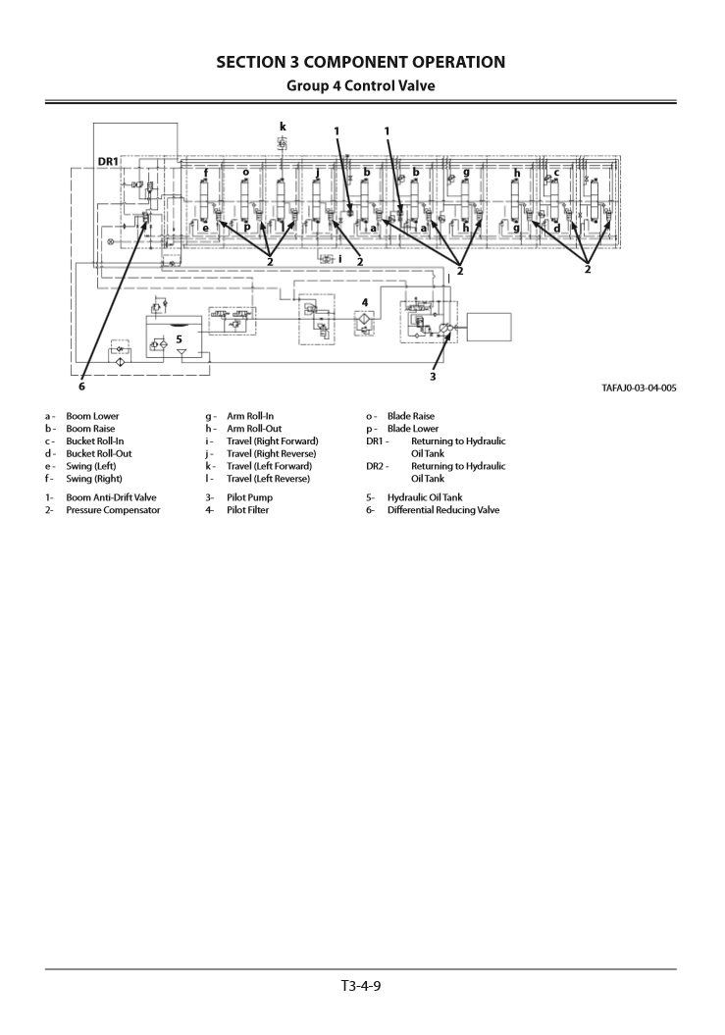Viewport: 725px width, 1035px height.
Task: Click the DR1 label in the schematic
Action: [108, 161]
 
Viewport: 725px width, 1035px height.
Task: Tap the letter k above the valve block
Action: [283, 127]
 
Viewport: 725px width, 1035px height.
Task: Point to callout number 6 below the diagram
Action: [81, 385]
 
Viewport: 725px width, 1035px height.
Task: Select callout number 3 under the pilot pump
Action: [433, 376]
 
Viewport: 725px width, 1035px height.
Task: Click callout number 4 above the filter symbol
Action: [365, 302]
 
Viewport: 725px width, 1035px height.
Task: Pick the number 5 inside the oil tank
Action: [179, 338]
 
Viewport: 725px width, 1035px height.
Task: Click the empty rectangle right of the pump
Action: [489, 327]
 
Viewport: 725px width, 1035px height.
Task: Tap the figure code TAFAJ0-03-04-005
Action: [639, 388]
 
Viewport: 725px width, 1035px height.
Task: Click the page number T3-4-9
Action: [361, 985]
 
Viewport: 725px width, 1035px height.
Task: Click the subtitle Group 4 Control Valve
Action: [360, 85]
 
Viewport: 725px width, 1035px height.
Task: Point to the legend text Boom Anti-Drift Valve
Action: [111, 497]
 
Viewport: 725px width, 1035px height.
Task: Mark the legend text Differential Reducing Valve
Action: [442, 510]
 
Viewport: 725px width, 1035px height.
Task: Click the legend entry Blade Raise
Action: [410, 416]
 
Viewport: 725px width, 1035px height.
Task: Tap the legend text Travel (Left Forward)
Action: [269, 466]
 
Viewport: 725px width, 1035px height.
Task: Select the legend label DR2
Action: [376, 466]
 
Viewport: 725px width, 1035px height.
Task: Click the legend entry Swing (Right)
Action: [94, 479]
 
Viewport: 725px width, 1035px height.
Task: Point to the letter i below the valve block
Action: [339, 260]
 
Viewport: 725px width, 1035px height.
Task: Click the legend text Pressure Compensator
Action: [113, 510]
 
